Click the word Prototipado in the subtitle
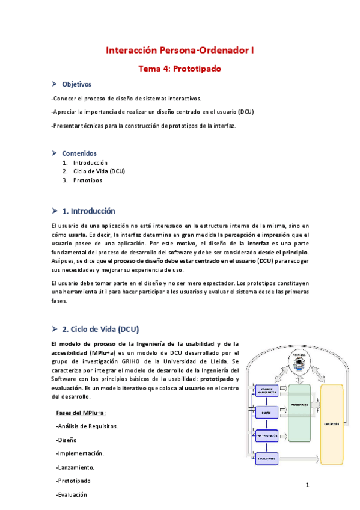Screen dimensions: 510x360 197,69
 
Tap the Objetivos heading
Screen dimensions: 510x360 76,84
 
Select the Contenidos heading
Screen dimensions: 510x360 79,153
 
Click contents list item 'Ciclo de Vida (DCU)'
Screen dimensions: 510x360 99,171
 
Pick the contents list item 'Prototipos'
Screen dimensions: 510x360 88,180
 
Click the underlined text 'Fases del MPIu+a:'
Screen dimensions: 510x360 81,413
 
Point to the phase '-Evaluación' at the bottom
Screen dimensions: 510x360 71,494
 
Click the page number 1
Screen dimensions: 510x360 307,485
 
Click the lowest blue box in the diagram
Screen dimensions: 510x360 267,459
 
